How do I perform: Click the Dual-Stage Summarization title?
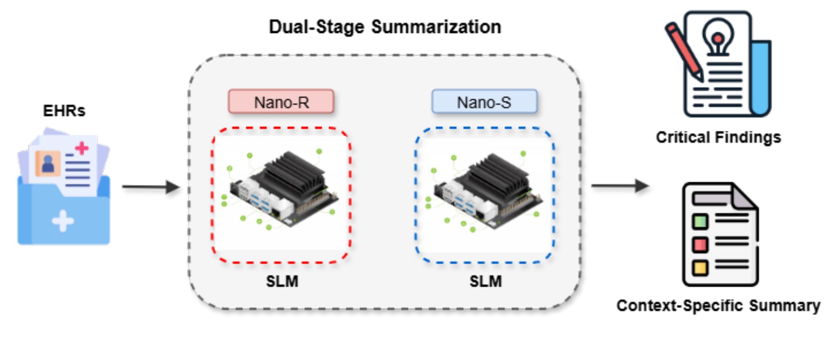(385, 27)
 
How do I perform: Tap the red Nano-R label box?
(281, 102)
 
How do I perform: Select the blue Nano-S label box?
(484, 102)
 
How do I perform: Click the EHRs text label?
(64, 111)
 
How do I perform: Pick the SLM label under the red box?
(282, 282)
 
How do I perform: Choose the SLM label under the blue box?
(486, 282)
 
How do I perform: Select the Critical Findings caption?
(718, 137)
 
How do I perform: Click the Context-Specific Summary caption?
(718, 306)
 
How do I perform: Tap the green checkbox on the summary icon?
(700, 222)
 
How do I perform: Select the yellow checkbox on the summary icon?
(700, 268)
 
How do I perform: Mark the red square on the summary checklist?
(700, 245)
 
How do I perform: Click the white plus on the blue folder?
(63, 221)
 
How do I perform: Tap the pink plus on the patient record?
(82, 148)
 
